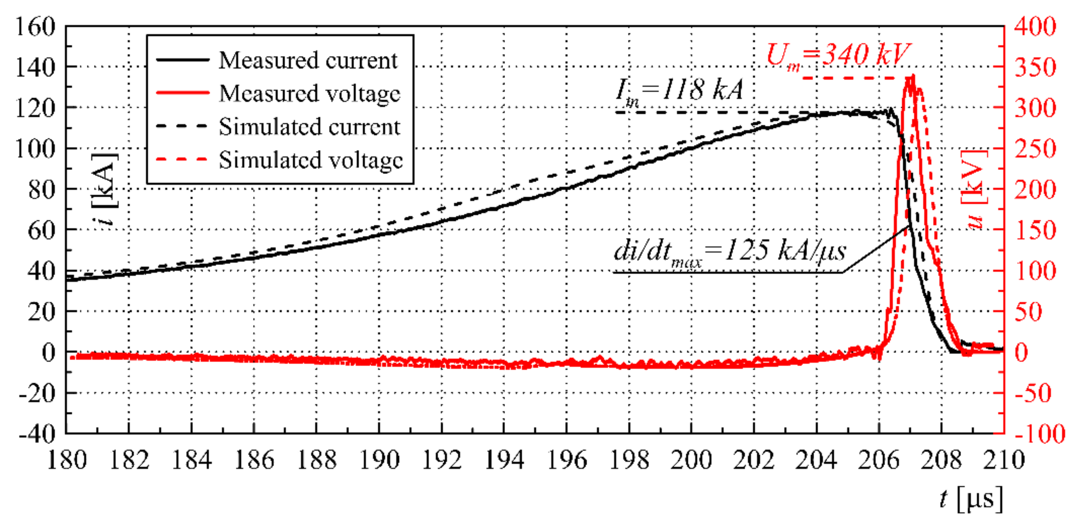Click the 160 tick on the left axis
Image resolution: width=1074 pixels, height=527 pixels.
pyautogui.click(x=36, y=27)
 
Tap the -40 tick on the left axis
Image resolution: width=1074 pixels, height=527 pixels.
pyautogui.click(x=37, y=434)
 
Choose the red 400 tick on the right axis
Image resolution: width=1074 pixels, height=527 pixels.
pyautogui.click(x=1035, y=27)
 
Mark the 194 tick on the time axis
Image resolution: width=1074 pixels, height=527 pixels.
pyautogui.click(x=504, y=460)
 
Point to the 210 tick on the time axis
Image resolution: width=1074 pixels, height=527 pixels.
pyautogui.click(x=1004, y=460)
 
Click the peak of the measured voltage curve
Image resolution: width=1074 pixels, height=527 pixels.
pyautogui.click(x=913, y=76)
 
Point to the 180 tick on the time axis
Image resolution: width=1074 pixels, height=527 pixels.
pyautogui.click(x=67, y=460)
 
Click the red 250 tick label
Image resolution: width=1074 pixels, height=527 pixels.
pyautogui.click(x=1035, y=149)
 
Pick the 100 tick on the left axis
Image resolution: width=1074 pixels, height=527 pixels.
pyautogui.click(x=36, y=149)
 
